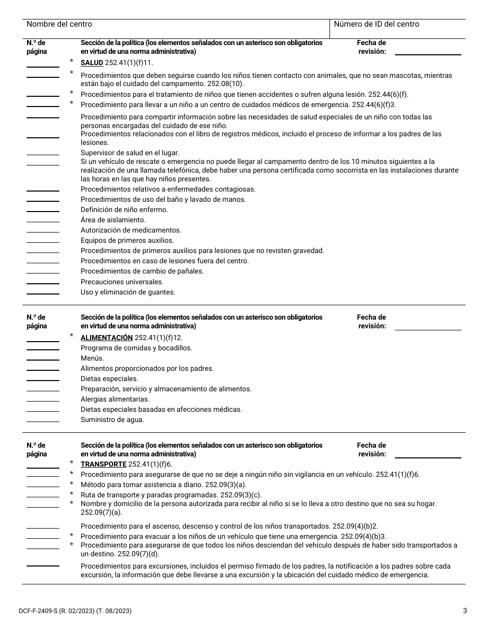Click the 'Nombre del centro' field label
(x=59, y=24)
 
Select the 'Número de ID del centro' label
(x=376, y=24)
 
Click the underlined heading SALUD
(x=92, y=62)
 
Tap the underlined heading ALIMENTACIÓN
(x=106, y=338)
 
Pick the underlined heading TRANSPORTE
(x=103, y=464)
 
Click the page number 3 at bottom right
(x=465, y=610)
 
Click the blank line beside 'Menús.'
(x=42, y=360)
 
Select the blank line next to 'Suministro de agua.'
(x=42, y=421)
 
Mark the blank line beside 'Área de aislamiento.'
(x=42, y=221)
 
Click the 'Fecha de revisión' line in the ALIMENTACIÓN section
(x=428, y=329)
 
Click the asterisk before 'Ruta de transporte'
(x=72, y=495)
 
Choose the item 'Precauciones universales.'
(x=122, y=282)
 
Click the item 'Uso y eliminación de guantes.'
(x=128, y=292)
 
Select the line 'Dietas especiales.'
(x=109, y=379)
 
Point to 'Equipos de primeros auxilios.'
(x=127, y=240)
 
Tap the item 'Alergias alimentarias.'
(x=115, y=399)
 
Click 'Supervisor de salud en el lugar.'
(x=130, y=153)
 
